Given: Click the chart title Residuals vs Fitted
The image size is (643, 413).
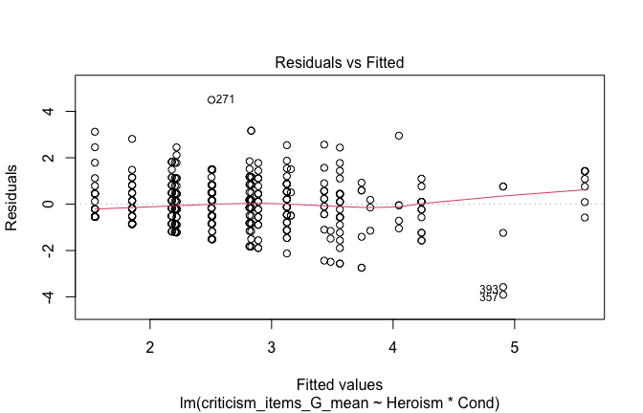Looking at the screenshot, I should click(340, 63).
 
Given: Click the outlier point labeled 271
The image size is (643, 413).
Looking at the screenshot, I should click(211, 99).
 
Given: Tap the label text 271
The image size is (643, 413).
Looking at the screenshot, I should click(226, 99).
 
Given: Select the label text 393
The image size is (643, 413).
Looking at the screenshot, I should click(488, 289).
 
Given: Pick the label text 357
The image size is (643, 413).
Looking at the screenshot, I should click(488, 298).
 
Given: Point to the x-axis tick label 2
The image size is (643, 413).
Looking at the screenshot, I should click(150, 346).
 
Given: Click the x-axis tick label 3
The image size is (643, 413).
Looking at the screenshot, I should click(272, 346).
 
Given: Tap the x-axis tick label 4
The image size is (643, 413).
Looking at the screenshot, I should click(393, 346).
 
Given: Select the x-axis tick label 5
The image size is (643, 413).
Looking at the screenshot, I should click(515, 346).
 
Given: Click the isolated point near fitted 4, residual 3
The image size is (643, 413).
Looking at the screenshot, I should click(399, 136).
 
